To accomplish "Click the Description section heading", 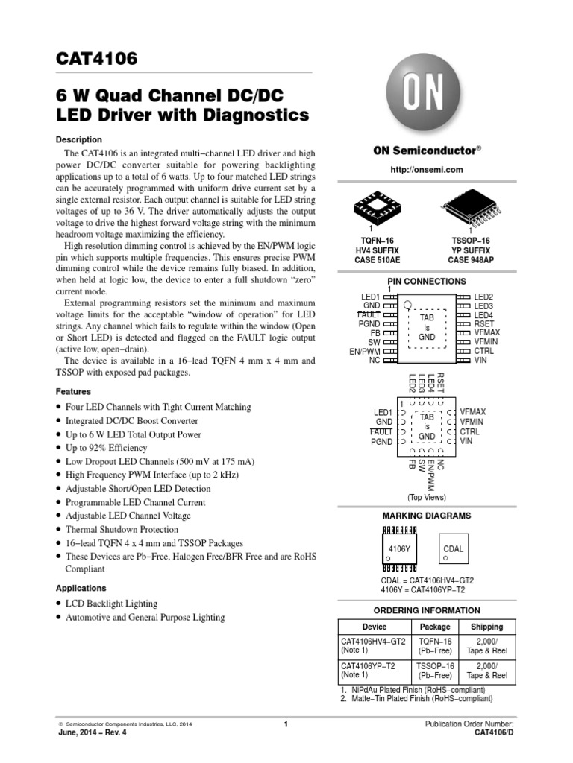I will click(79, 139).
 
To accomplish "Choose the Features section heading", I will click(73, 391).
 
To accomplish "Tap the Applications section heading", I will click(81, 588).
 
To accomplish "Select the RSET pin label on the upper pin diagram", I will click(483, 323).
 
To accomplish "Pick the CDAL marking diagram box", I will click(453, 552).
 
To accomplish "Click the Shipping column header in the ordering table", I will click(486, 627).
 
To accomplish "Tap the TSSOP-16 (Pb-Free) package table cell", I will click(435, 670).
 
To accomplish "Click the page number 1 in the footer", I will click(286, 724).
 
